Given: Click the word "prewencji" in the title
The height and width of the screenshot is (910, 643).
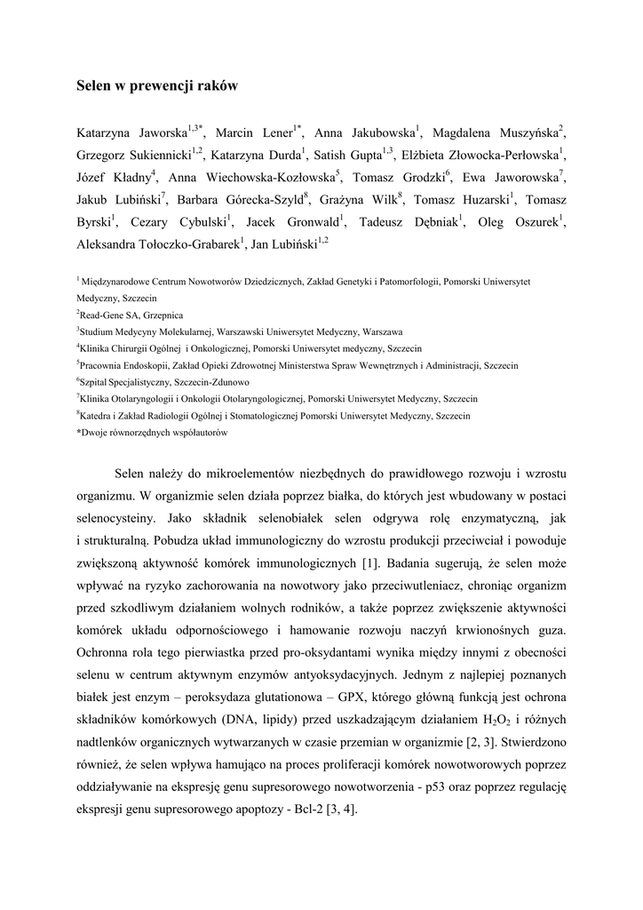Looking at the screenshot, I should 153,86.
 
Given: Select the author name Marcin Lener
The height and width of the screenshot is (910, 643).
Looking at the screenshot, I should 255,133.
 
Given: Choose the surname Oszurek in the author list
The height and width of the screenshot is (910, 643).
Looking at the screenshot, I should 535,221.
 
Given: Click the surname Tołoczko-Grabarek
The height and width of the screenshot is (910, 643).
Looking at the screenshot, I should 185,243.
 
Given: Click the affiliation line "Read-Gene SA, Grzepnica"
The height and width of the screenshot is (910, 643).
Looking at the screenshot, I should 131,315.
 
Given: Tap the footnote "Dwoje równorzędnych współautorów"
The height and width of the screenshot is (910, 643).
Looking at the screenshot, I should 155,433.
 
